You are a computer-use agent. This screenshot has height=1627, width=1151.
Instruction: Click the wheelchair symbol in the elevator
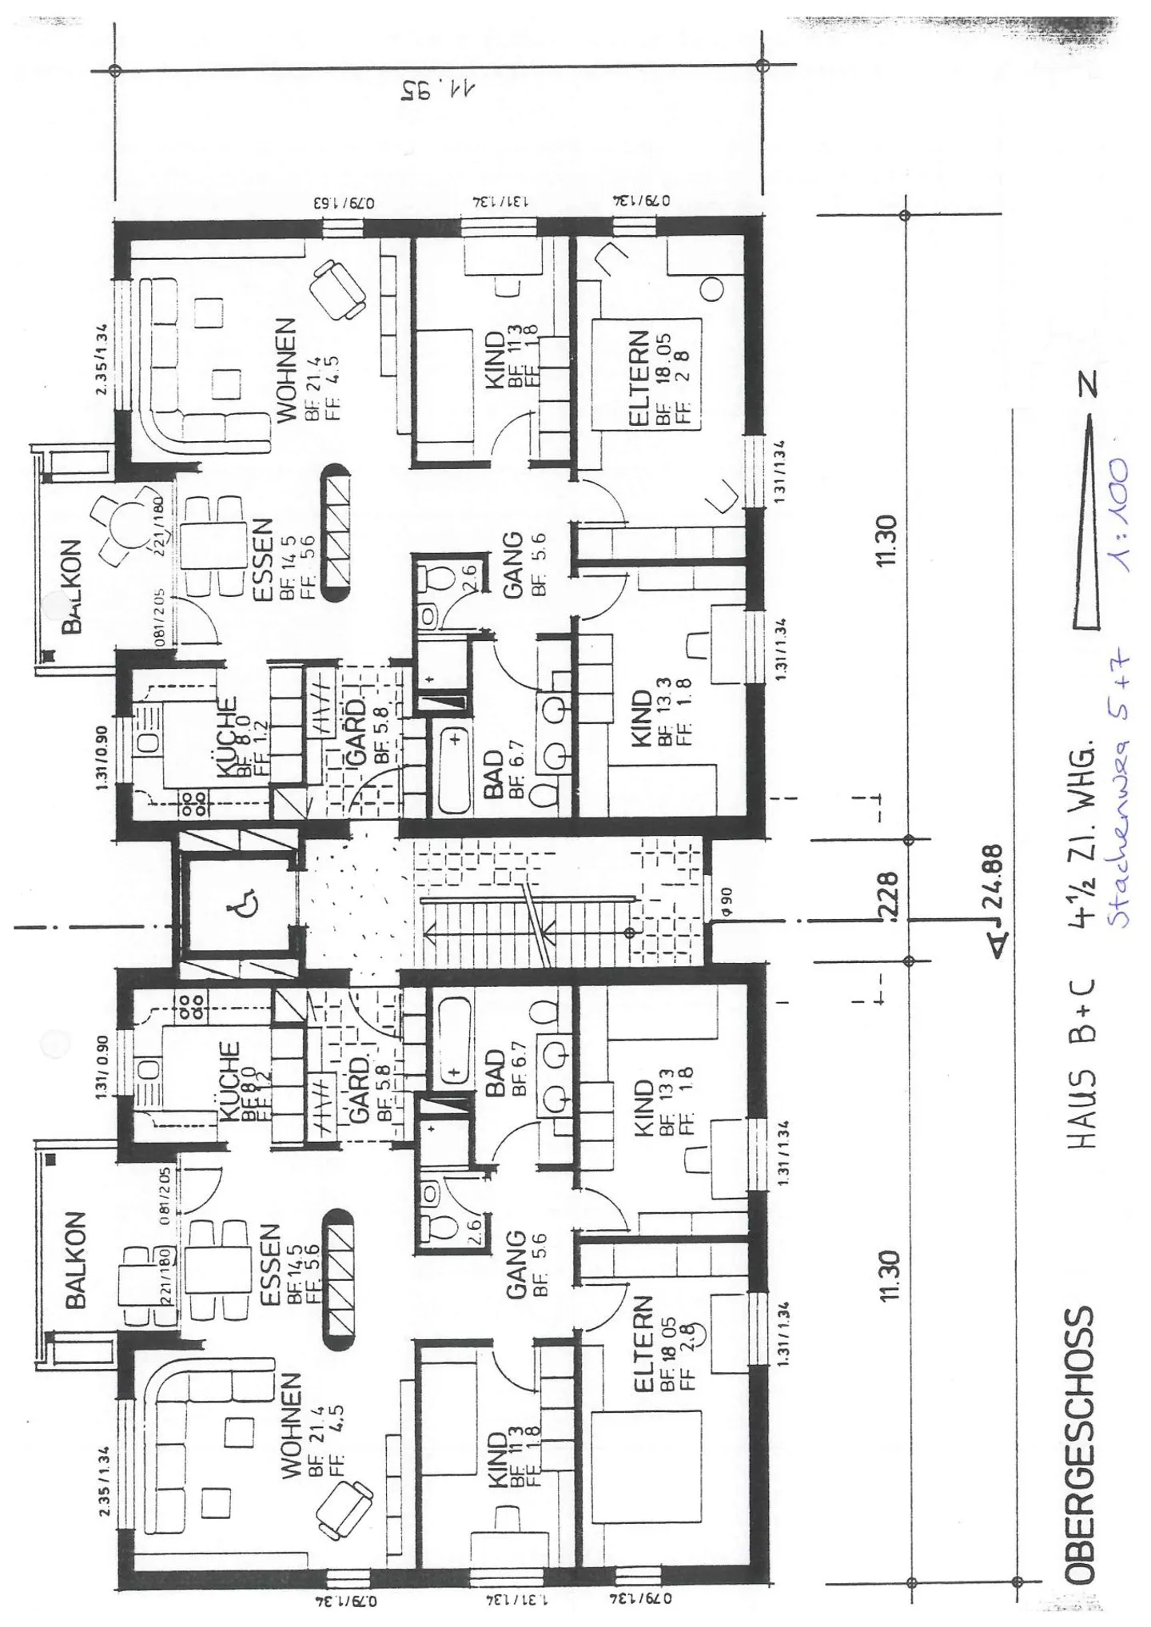238,907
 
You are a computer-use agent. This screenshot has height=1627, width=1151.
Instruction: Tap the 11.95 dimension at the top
437,90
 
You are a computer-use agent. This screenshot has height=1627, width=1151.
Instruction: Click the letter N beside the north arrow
1088,385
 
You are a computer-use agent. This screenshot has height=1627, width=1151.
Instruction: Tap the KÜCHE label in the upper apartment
227,738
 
